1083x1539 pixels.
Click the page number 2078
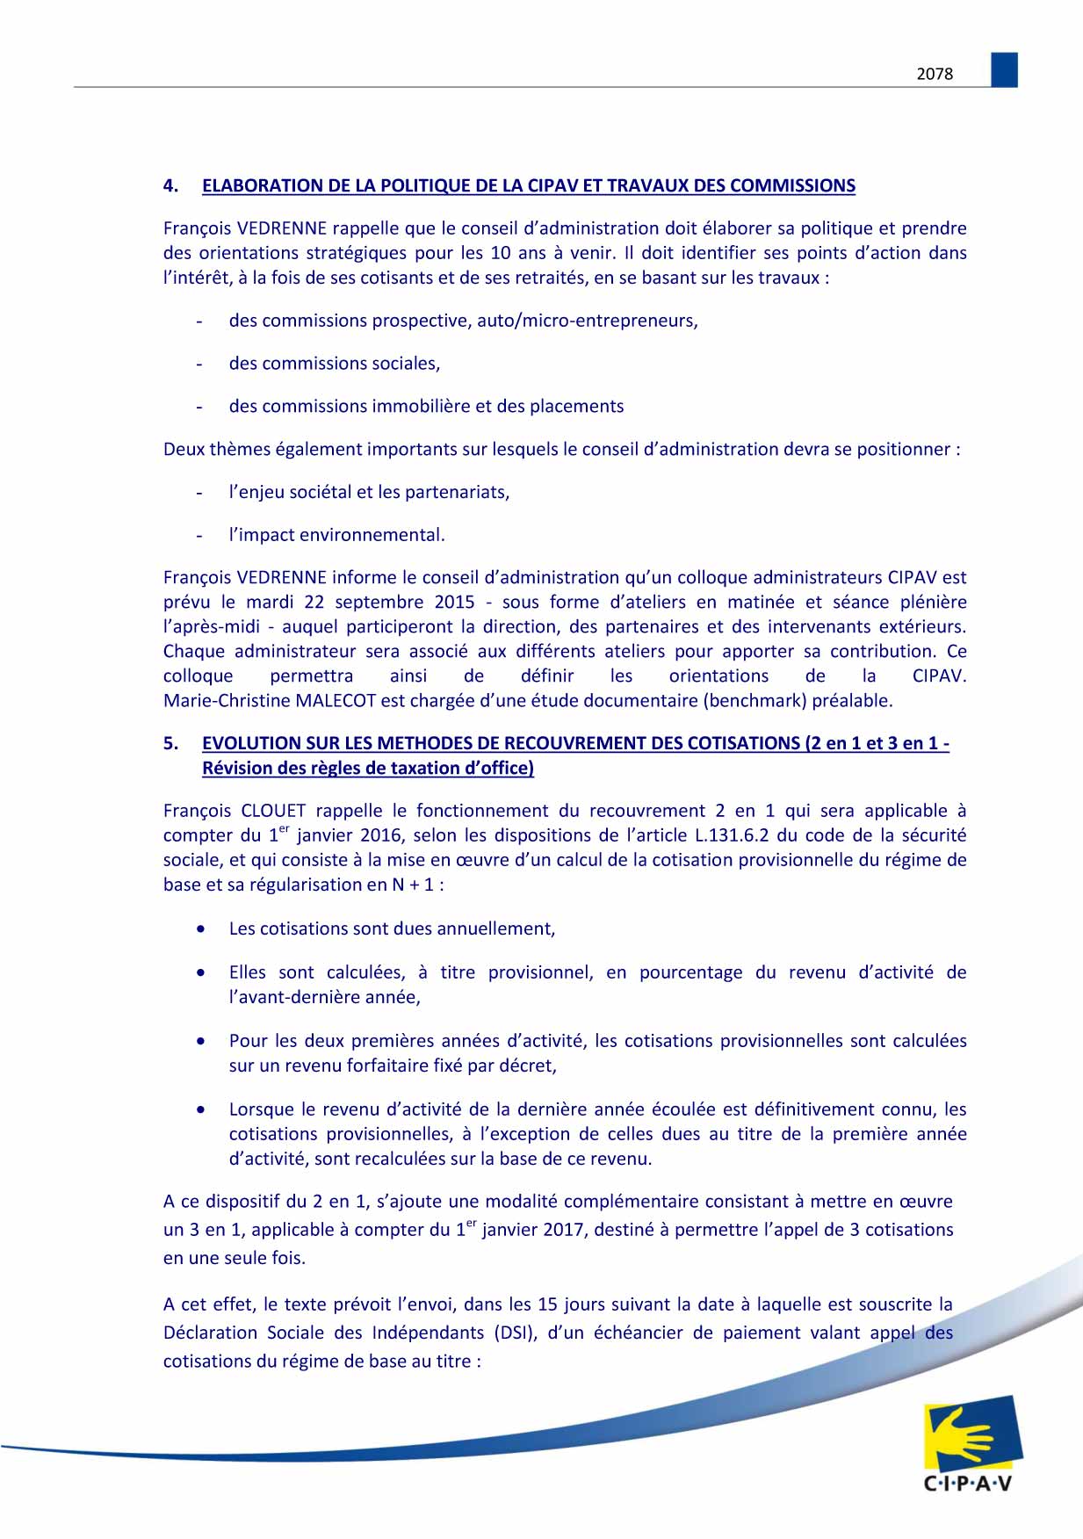(935, 75)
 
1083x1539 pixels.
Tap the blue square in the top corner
(1004, 70)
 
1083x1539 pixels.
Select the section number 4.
(170, 186)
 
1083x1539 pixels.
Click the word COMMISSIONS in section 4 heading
(792, 186)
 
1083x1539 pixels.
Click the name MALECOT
(336, 701)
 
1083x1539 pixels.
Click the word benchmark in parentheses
(748, 701)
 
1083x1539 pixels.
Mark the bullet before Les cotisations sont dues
(202, 928)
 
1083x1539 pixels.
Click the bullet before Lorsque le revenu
(202, 1109)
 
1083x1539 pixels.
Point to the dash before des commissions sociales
(199, 364)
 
